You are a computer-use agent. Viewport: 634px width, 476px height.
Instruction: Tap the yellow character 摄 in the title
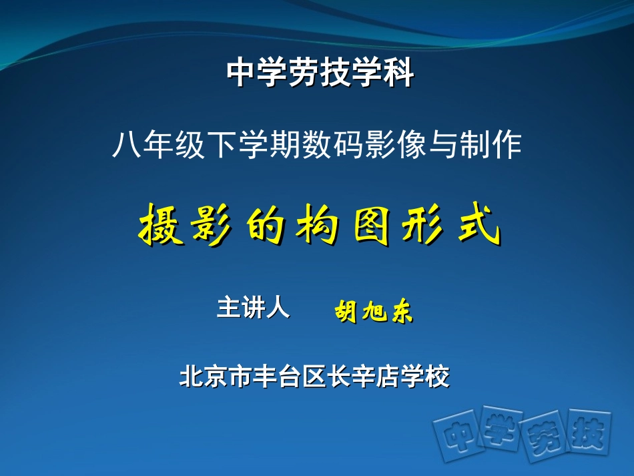160,227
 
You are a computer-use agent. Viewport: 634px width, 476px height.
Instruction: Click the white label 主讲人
253,308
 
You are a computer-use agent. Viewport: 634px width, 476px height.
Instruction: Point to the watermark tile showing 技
585,433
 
